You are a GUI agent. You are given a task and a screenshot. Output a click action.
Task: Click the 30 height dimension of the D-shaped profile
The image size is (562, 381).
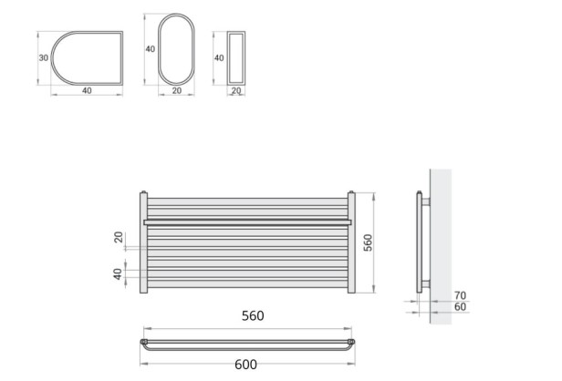tap(42, 57)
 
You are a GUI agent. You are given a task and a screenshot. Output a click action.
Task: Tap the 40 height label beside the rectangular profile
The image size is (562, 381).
tap(218, 57)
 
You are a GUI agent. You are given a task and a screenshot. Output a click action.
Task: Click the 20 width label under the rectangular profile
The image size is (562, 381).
tap(235, 90)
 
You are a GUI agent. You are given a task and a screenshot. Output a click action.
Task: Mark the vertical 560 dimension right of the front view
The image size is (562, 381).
tap(369, 243)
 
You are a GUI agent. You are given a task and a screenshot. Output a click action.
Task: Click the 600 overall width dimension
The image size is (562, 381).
tap(245, 365)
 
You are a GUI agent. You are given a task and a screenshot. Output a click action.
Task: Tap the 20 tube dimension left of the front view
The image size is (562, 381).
tap(118, 238)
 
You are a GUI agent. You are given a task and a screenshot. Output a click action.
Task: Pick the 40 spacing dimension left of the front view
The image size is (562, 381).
tap(118, 273)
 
